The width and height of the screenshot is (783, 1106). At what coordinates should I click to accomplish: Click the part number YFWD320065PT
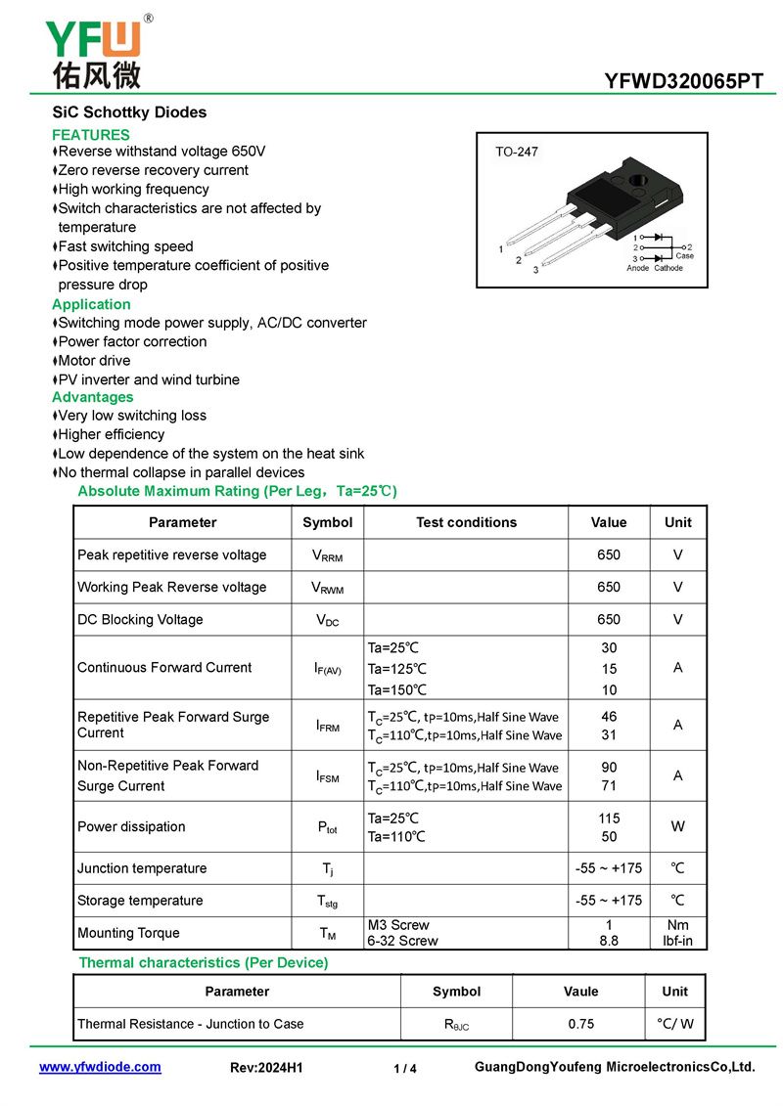(x=684, y=82)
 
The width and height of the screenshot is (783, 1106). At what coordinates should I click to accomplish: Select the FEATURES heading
(x=91, y=135)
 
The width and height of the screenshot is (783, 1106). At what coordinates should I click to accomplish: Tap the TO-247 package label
(x=517, y=153)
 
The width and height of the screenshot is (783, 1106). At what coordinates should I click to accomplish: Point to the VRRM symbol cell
(x=327, y=555)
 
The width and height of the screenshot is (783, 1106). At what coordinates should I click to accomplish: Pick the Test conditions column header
(x=466, y=522)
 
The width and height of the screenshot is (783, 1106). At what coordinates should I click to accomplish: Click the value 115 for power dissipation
(x=609, y=818)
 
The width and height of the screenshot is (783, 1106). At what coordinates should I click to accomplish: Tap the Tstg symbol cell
(x=327, y=901)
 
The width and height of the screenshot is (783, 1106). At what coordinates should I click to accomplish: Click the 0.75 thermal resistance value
(x=580, y=1024)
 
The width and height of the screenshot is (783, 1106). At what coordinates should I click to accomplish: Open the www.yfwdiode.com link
(x=100, y=1067)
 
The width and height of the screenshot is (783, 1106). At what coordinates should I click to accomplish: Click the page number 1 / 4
(x=405, y=1069)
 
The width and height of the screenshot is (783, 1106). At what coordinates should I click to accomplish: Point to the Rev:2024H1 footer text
(x=266, y=1068)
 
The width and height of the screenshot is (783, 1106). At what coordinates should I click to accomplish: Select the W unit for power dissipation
(x=677, y=826)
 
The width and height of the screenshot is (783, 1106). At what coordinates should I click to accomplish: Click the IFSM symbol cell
(x=327, y=776)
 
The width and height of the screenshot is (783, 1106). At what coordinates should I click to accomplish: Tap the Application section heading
(x=91, y=304)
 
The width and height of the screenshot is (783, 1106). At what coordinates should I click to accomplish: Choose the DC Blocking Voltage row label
(x=140, y=620)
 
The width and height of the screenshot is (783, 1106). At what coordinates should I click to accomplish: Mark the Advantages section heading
(x=93, y=397)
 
